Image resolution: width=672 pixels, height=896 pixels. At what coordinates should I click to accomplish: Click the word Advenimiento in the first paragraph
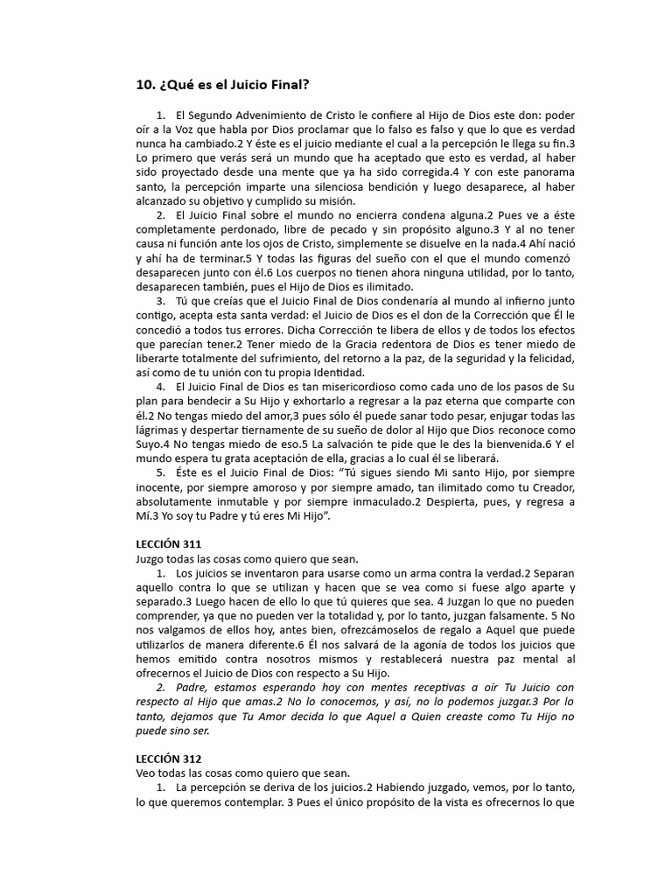tap(274, 115)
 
